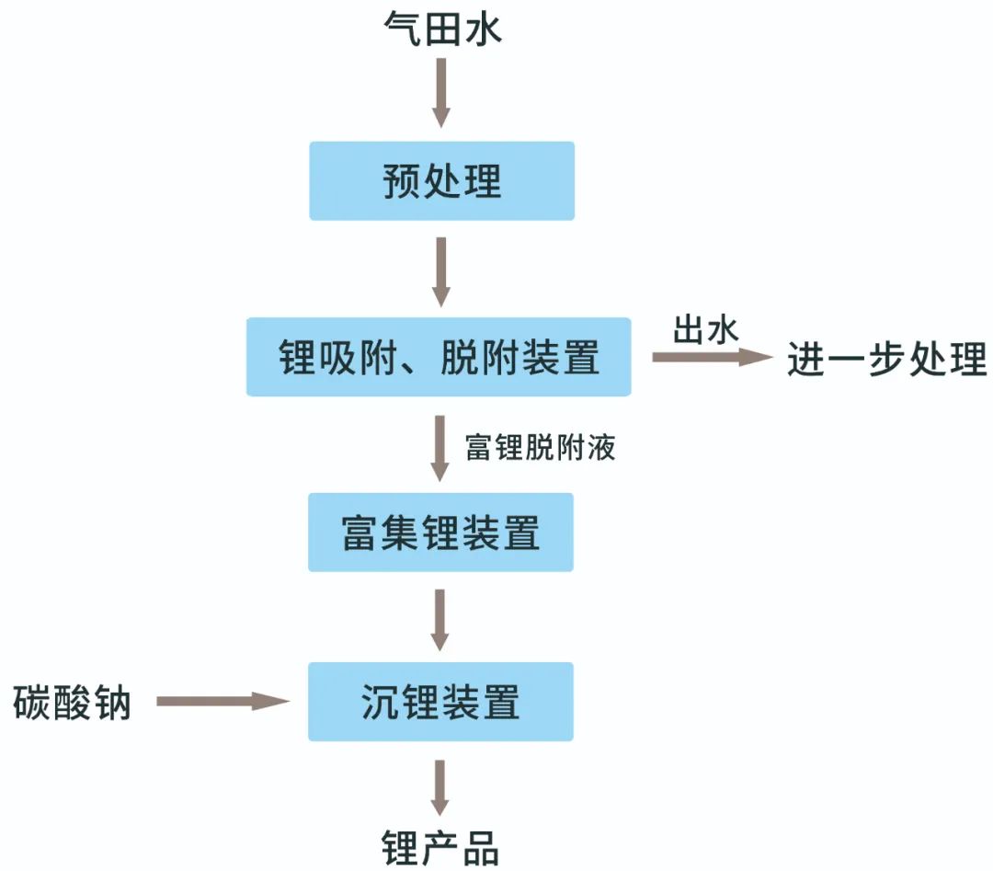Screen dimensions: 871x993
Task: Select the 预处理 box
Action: coord(441,181)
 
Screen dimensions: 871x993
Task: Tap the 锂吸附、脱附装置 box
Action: coord(439,357)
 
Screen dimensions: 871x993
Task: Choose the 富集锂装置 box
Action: coord(440,533)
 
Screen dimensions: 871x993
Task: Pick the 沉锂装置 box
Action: coord(440,702)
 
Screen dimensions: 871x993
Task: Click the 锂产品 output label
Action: coord(440,847)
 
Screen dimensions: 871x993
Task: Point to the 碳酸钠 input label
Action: coord(73,704)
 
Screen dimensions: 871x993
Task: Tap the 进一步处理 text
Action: coord(886,359)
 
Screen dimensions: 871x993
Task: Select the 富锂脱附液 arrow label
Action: coord(541,448)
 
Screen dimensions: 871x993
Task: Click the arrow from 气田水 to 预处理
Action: coord(441,93)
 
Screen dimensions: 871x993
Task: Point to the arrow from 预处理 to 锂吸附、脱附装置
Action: coord(441,271)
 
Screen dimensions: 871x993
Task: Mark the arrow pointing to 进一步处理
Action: coord(713,357)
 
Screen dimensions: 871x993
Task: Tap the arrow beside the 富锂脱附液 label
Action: coord(440,448)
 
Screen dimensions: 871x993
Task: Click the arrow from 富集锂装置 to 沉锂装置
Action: coord(440,619)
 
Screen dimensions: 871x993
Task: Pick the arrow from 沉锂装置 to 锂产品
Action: coord(440,787)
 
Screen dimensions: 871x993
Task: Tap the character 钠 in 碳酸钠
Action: coord(113,704)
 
